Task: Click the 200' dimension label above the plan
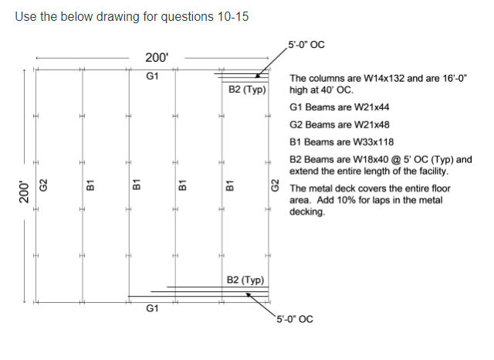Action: (x=157, y=57)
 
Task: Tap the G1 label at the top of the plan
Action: (x=152, y=76)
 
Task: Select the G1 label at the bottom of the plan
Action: (x=152, y=308)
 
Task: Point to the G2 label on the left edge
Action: (x=44, y=185)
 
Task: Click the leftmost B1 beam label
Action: (x=90, y=185)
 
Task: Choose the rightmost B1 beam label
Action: (x=229, y=185)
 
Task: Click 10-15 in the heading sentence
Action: (x=232, y=17)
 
